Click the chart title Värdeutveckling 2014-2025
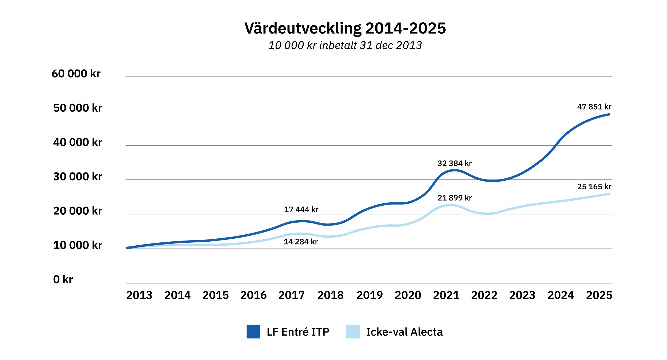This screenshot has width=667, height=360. tap(345, 28)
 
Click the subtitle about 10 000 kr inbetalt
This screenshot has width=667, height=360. tap(345, 45)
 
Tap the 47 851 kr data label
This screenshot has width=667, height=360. tap(594, 107)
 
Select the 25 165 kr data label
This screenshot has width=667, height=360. tap(594, 187)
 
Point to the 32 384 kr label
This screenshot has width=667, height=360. tap(454, 163)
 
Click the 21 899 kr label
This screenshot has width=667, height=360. tap(454, 198)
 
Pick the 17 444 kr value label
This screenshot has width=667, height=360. tap(301, 210)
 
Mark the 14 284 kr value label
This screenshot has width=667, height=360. tap(300, 242)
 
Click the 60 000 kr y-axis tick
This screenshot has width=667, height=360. tap(76, 74)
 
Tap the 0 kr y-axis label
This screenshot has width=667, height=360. tap(63, 279)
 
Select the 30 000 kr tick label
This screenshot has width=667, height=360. tap(78, 177)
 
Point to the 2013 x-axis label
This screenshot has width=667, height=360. tap(139, 295)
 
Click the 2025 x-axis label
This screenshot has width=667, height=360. tap(599, 295)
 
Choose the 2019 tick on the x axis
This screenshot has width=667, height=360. tap(370, 295)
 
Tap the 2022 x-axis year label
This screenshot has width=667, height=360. tap(484, 295)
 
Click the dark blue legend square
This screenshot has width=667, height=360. tap(253, 331)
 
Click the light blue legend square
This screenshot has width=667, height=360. tap(353, 331)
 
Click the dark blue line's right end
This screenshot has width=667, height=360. tap(609, 114)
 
